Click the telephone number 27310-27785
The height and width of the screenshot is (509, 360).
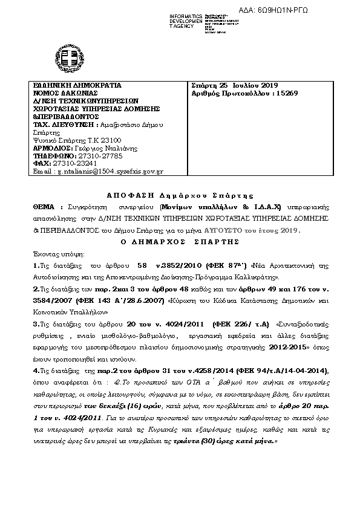[96, 155]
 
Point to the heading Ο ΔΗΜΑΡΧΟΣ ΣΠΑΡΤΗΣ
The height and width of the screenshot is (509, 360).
[179, 240]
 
